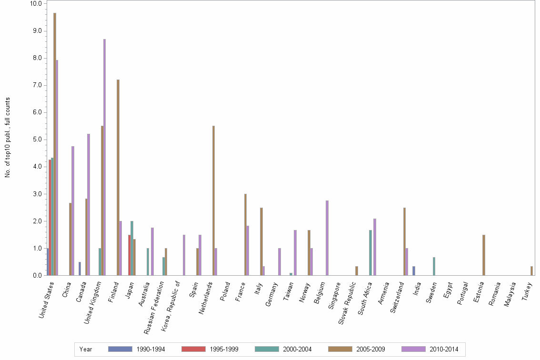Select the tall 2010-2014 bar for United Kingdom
(x=105, y=157)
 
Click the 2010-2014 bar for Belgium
(x=327, y=238)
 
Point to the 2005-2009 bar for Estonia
(x=484, y=255)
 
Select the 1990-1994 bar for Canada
(x=80, y=269)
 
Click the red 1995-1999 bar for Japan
(x=129, y=255)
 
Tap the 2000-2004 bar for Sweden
(x=434, y=266)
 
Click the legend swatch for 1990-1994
(x=120, y=349)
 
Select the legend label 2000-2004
(x=298, y=349)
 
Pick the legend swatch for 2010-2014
(x=413, y=349)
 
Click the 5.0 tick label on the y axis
(x=36, y=140)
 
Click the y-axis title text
(x=8, y=138)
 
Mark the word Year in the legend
(x=86, y=349)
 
